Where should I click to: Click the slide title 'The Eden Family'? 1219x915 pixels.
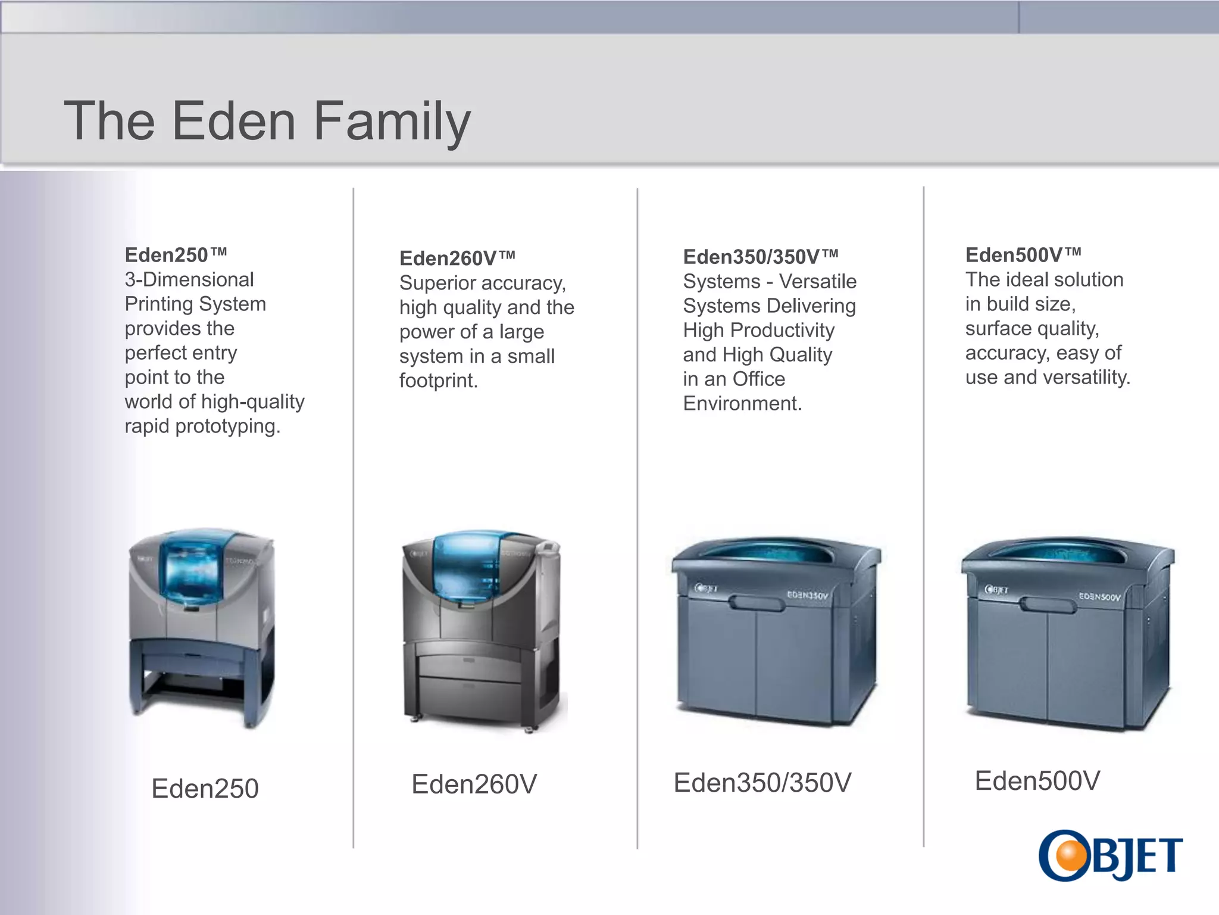pyautogui.click(x=267, y=122)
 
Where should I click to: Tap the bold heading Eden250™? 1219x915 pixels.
pyautogui.click(x=176, y=255)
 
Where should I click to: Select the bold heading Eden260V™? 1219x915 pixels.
pyautogui.click(x=457, y=259)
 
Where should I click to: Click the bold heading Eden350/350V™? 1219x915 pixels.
pyautogui.click(x=760, y=257)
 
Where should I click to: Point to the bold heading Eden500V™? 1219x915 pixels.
pyautogui.click(x=1023, y=255)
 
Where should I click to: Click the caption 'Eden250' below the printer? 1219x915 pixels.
pyautogui.click(x=205, y=788)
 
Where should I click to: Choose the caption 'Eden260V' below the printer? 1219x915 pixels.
pyautogui.click(x=474, y=784)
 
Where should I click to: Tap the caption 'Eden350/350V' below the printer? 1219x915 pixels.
pyautogui.click(x=762, y=783)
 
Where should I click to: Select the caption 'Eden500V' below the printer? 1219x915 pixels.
pyautogui.click(x=1037, y=781)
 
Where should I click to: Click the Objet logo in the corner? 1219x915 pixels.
pyautogui.click(x=1111, y=855)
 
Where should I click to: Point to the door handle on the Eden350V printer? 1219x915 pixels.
pyautogui.click(x=757, y=603)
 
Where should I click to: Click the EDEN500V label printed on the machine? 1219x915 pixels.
pyautogui.click(x=1099, y=596)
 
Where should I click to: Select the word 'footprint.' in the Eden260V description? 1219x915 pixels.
pyautogui.click(x=438, y=381)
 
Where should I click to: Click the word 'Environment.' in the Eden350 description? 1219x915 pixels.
pyautogui.click(x=742, y=404)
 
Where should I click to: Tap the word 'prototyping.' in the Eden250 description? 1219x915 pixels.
pyautogui.click(x=227, y=427)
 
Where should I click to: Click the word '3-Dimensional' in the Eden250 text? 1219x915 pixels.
pyautogui.click(x=189, y=279)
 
